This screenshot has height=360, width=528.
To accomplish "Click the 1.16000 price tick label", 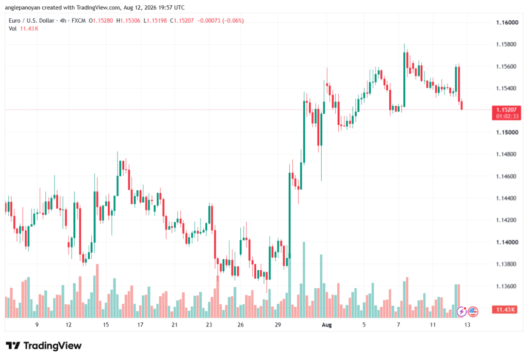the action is pyautogui.click(x=507, y=23).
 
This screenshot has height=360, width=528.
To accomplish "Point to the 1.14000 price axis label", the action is pyautogui.click(x=507, y=242).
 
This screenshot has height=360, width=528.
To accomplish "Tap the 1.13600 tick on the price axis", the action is pyautogui.click(x=507, y=286).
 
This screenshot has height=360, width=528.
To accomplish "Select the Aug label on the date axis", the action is pyautogui.click(x=326, y=325).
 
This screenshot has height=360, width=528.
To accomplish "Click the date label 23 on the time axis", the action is pyautogui.click(x=209, y=325).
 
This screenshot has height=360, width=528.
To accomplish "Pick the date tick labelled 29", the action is pyautogui.click(x=278, y=325).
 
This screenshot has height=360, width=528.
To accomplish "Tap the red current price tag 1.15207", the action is pyautogui.click(x=506, y=110).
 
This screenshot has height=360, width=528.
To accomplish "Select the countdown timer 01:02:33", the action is pyautogui.click(x=507, y=117).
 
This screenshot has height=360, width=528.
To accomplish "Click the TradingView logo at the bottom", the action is pyautogui.click(x=44, y=346).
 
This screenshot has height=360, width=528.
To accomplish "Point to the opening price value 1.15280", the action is pyautogui.click(x=103, y=21).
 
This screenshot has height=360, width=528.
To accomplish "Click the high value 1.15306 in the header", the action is pyautogui.click(x=130, y=21).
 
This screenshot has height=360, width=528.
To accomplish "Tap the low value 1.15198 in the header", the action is pyautogui.click(x=157, y=21).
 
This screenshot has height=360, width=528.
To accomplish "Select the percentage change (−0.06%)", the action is pyautogui.click(x=233, y=21).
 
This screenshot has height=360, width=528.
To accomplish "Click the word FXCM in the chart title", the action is pyautogui.click(x=78, y=21).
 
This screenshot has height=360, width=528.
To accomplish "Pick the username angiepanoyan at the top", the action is pyautogui.click(x=23, y=7).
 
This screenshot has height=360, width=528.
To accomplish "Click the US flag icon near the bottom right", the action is pyautogui.click(x=473, y=312).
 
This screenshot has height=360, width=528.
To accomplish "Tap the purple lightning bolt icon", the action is pyautogui.click(x=461, y=312).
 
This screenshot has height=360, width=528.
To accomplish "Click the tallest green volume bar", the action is pyautogui.click(x=304, y=280).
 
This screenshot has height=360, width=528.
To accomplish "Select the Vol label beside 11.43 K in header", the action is pyautogui.click(x=12, y=29).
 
